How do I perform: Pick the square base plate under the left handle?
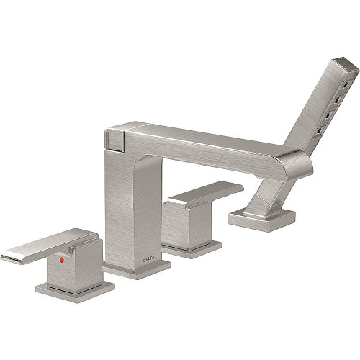tap(76, 288)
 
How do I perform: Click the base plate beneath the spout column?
tap(137, 268)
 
